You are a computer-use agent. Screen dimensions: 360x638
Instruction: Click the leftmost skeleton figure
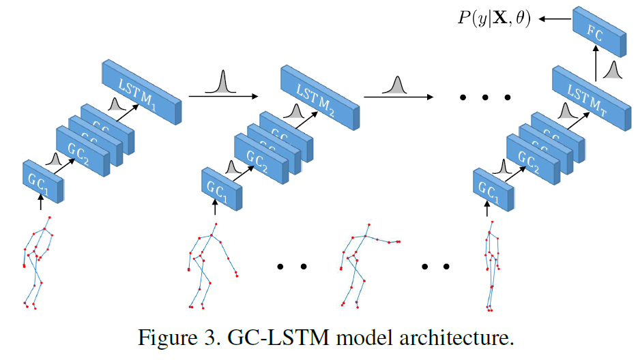tap(35, 262)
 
